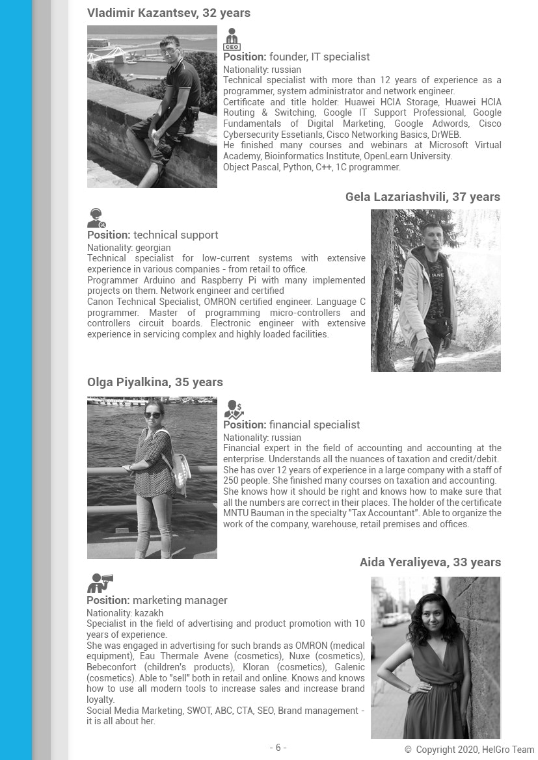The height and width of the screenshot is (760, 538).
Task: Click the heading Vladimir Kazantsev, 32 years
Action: (x=168, y=13)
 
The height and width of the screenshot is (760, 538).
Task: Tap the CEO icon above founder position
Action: (x=232, y=40)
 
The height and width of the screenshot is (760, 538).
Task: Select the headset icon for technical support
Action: (x=96, y=218)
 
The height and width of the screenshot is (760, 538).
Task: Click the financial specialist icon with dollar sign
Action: (x=234, y=409)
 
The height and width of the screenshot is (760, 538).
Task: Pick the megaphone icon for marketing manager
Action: (x=100, y=583)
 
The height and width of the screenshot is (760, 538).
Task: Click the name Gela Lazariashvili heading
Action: (x=423, y=197)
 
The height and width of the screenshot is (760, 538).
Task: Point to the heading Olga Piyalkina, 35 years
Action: (x=155, y=382)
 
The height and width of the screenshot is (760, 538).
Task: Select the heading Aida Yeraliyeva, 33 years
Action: (x=430, y=562)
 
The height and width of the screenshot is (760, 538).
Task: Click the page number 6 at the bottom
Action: (x=278, y=748)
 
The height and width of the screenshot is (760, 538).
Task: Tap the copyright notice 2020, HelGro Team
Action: (x=469, y=750)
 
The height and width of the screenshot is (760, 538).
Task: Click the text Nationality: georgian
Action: (x=129, y=248)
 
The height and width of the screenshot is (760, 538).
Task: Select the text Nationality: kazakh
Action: (x=125, y=613)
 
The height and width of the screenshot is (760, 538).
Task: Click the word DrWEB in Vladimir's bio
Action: (x=446, y=135)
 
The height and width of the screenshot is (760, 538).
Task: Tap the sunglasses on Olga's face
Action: (x=153, y=415)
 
